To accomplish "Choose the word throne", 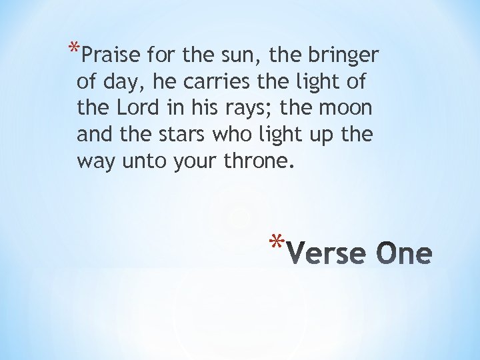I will (257, 161).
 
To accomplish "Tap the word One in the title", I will (405, 253).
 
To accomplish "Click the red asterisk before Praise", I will (71, 48).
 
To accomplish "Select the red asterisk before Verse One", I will (279, 241).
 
